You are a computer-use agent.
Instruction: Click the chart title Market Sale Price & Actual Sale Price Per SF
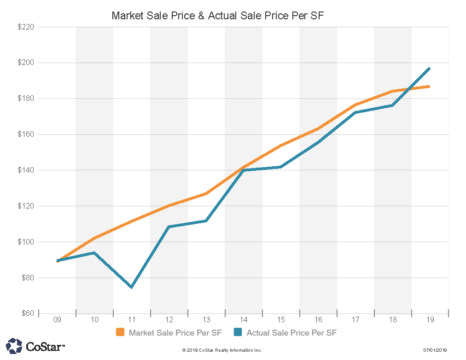(x=218, y=16)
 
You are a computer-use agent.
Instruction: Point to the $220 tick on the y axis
(x=26, y=27)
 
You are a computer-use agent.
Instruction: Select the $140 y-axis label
(x=26, y=170)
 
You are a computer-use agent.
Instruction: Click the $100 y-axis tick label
(x=26, y=242)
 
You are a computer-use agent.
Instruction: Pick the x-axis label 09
(x=57, y=319)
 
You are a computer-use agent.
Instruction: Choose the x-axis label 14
(x=244, y=319)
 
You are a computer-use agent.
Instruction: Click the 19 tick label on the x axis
(x=430, y=319)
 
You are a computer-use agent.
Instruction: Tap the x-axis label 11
(x=132, y=319)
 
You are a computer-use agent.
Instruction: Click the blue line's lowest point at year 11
(x=132, y=287)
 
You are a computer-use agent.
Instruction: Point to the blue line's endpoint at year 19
(x=429, y=69)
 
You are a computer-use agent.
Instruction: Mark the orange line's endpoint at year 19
(x=429, y=87)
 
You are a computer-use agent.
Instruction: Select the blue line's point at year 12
(x=169, y=227)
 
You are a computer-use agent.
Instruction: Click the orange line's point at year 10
(x=94, y=238)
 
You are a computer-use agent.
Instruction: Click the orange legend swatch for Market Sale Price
(x=120, y=332)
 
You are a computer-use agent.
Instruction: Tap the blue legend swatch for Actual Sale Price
(x=238, y=332)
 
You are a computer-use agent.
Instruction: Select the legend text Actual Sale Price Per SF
(x=292, y=332)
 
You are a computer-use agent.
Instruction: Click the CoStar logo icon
(x=14, y=346)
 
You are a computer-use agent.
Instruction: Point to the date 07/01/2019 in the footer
(x=435, y=350)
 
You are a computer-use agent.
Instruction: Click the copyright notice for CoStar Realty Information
(x=222, y=350)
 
